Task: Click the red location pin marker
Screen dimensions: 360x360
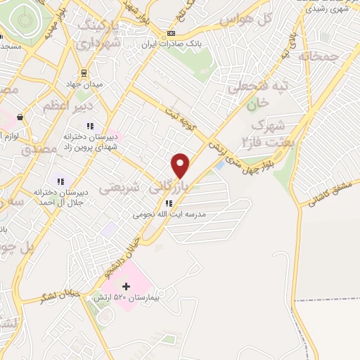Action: tap(181, 165)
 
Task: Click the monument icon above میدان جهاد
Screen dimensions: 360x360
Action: tap(84, 72)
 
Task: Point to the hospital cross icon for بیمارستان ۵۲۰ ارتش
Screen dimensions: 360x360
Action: tap(127, 286)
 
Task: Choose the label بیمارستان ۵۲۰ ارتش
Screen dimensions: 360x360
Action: tap(125, 298)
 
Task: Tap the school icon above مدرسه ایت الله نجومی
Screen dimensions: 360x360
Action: tap(167, 205)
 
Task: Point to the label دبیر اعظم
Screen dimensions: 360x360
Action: tap(65, 107)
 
